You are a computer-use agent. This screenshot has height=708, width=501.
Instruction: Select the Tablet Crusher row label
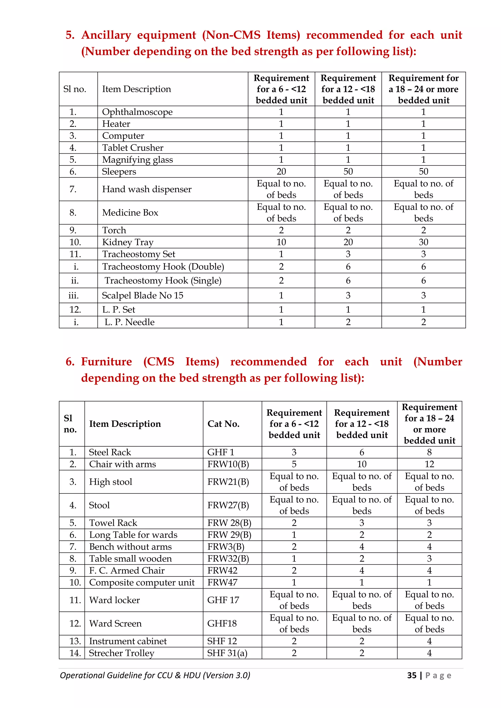(133, 148)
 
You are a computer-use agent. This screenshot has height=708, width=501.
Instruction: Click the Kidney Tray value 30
(423, 242)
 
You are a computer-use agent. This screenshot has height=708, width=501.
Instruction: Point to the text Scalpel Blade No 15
(142, 295)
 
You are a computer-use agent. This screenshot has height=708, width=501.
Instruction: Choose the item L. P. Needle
(129, 322)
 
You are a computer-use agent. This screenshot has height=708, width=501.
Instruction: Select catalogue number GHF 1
(220, 452)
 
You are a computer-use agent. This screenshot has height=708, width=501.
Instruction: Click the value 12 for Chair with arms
(429, 464)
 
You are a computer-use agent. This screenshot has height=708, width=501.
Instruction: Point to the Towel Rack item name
(113, 523)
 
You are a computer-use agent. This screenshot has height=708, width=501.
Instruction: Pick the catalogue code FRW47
(222, 582)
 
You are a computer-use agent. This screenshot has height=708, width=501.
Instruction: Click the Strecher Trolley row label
(121, 653)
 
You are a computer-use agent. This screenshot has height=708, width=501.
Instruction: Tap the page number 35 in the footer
(411, 675)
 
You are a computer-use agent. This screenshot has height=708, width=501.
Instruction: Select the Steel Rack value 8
(429, 452)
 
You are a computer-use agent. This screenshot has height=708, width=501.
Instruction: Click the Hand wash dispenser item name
(147, 189)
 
